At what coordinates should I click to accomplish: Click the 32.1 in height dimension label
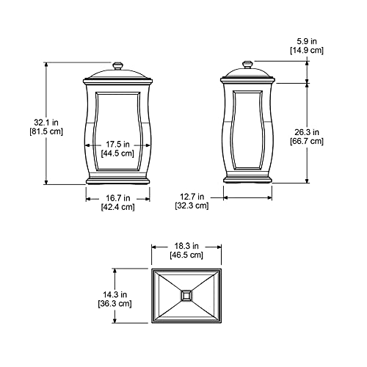[x=46, y=122]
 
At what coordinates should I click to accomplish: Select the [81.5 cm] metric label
[x=46, y=131]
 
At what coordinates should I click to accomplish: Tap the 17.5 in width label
[x=117, y=145]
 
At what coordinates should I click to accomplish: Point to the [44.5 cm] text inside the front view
[x=117, y=153]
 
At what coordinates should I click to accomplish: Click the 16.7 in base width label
[x=118, y=197]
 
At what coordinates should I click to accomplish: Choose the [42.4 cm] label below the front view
[x=118, y=207]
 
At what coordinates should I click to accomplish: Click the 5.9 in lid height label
[x=307, y=41]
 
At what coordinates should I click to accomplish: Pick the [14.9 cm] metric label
[x=307, y=51]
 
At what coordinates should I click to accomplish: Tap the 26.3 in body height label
[x=307, y=132]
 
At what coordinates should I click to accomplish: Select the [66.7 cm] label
[x=307, y=142]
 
